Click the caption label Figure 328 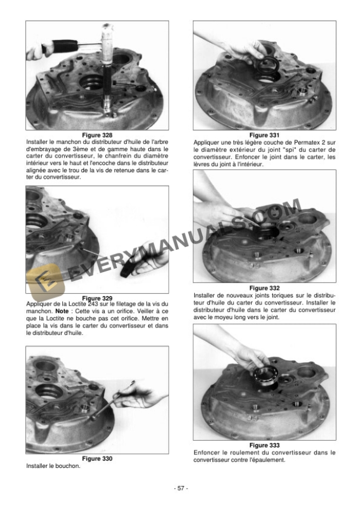(97, 135)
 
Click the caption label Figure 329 (97, 298)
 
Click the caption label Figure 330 (97, 458)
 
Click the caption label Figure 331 (264, 135)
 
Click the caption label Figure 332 (264, 287)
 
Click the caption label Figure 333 (264, 445)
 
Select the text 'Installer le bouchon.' (54, 466)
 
